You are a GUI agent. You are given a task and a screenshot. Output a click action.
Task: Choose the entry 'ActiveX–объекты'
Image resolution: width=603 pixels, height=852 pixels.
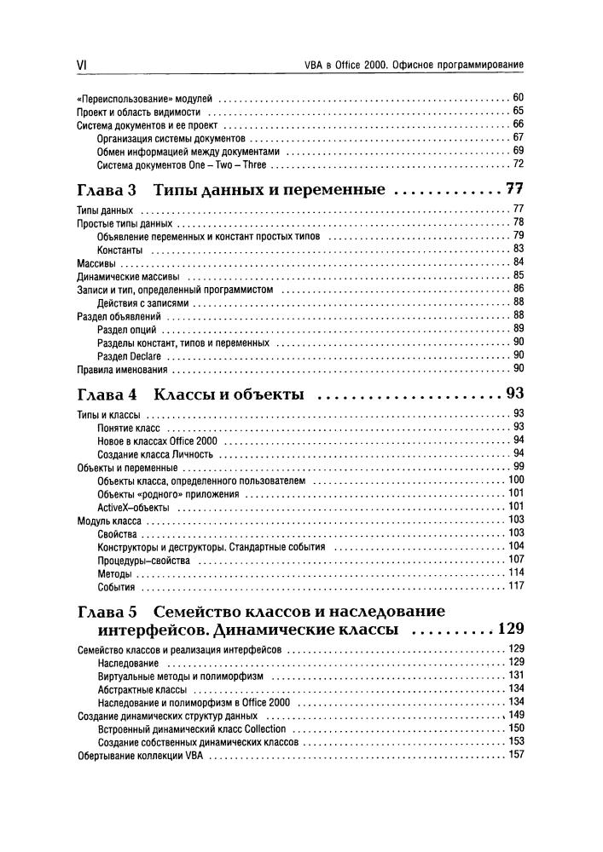pyautogui.click(x=133, y=507)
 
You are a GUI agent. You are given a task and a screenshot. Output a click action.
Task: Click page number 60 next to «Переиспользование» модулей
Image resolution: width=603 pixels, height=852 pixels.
pyautogui.click(x=517, y=98)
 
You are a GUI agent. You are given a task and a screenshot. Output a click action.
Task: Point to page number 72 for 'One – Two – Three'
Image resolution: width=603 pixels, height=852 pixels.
pyautogui.click(x=517, y=164)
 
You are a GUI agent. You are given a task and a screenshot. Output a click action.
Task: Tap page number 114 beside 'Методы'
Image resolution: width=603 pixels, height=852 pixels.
pyautogui.click(x=515, y=573)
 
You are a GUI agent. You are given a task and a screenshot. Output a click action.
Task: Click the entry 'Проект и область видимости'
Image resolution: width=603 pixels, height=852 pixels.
pyautogui.click(x=138, y=112)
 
